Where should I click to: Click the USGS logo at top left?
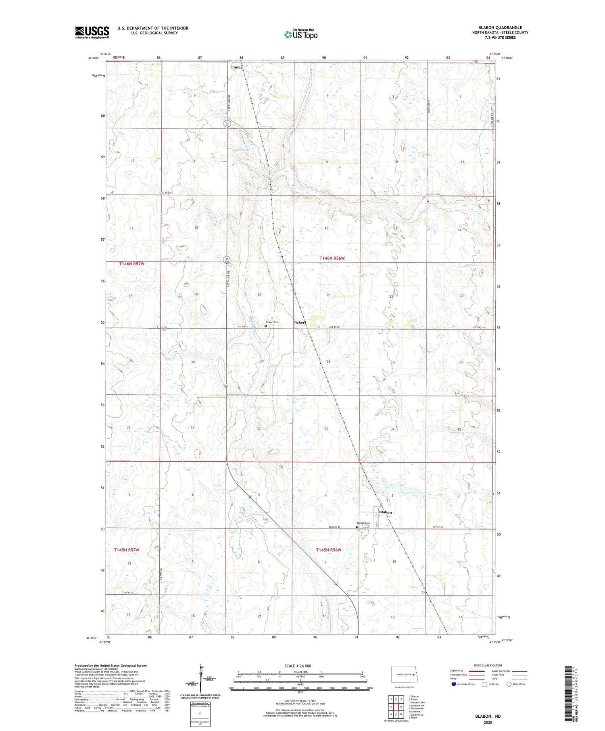(x=92, y=32)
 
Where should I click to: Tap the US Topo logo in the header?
(x=301, y=35)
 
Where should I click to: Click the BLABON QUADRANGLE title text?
(x=500, y=27)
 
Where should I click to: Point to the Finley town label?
(x=237, y=67)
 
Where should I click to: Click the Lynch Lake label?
(x=241, y=150)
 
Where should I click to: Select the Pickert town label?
(x=300, y=323)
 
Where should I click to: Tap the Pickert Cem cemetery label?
(x=272, y=322)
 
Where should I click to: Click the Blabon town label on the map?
(x=385, y=512)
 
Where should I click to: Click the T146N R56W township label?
(x=333, y=258)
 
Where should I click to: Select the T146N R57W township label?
(x=131, y=263)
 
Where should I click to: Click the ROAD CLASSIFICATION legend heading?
(x=488, y=665)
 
